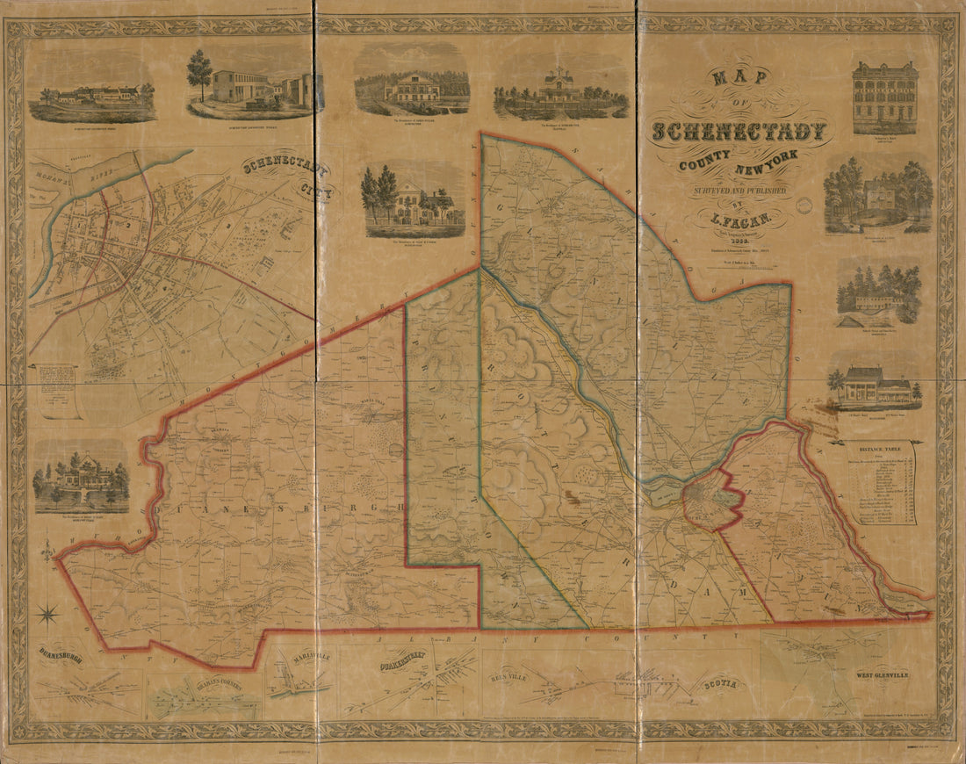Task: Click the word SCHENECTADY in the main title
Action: (x=739, y=133)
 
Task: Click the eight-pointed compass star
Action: (x=48, y=615)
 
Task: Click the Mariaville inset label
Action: (x=302, y=662)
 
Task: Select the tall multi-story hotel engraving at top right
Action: (x=884, y=97)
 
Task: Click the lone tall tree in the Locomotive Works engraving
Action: (x=199, y=72)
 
